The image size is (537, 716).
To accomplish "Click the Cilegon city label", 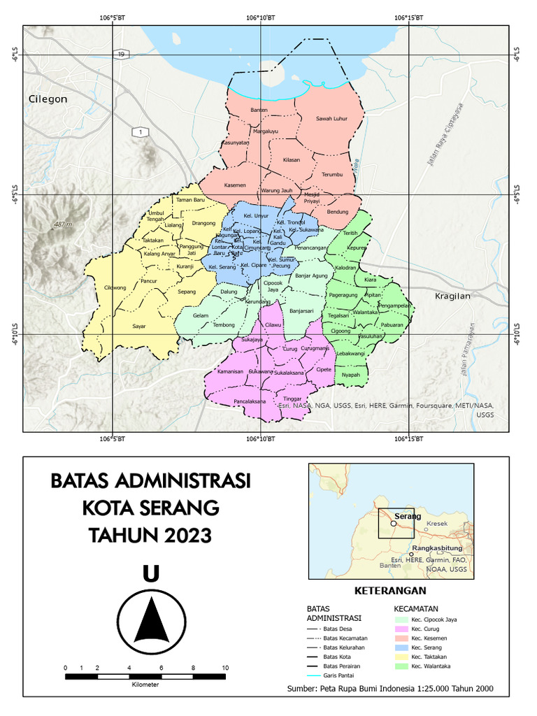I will coord(48,99).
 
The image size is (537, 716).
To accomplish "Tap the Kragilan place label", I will coord(453,296).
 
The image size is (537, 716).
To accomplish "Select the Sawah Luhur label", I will coord(331,119).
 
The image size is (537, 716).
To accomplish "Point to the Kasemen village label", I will coord(235,185).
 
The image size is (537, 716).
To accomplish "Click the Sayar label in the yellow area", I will coord(139,326).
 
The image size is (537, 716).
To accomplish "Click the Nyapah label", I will coord(351,375).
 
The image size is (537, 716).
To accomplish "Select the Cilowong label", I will coord(115,287).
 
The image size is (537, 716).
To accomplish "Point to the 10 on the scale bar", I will coord(225,668).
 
